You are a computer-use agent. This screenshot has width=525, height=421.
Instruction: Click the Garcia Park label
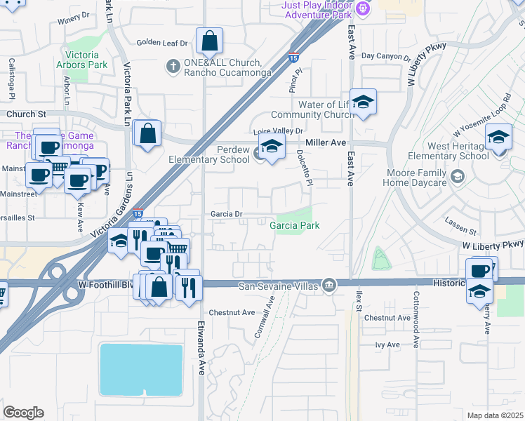295,225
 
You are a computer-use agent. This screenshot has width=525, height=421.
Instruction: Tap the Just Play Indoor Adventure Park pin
362,8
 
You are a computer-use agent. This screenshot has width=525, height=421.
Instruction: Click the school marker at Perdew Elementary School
270,147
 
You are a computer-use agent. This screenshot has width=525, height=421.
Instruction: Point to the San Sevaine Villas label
279,286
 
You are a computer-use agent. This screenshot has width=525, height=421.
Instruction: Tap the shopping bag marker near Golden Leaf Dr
210,42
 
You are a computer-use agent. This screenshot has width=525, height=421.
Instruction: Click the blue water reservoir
142,370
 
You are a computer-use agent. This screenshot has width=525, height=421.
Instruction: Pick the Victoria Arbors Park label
86,60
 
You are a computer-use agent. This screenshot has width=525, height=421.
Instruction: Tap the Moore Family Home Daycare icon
458,175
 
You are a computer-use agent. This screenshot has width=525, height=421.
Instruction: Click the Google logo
23,412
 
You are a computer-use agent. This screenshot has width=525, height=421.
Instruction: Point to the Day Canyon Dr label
385,56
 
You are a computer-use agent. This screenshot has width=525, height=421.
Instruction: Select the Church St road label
27,113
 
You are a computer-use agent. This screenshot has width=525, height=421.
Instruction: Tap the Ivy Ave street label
387,345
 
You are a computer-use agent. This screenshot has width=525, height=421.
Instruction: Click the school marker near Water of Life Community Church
363,103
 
